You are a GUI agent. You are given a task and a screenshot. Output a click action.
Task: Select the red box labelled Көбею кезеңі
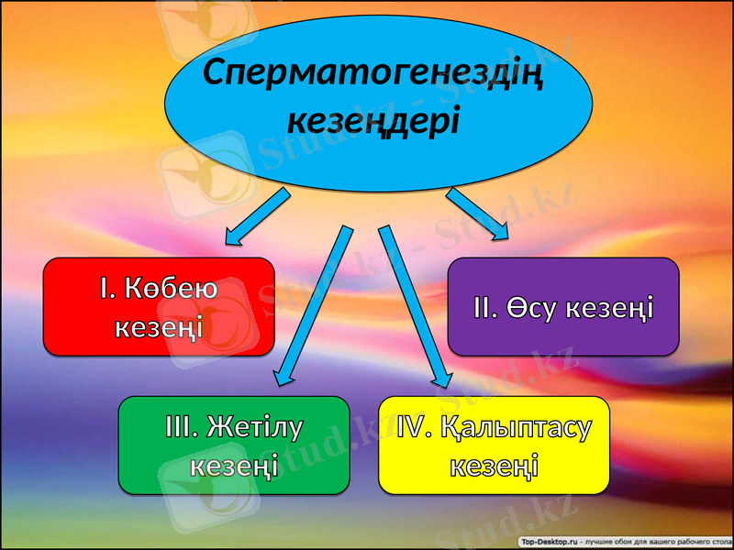click(x=159, y=306)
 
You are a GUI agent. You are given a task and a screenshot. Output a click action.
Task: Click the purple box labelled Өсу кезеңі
click(x=562, y=306)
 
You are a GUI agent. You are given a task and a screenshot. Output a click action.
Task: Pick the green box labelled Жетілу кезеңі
click(x=233, y=445)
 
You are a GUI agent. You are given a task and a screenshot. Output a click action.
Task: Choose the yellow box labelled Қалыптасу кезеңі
click(x=494, y=445)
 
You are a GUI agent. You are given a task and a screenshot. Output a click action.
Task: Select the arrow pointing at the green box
click(x=314, y=302)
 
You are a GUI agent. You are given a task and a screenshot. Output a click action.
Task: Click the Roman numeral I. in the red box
click(x=107, y=290)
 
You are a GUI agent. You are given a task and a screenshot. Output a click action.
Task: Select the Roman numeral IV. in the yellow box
click(x=411, y=426)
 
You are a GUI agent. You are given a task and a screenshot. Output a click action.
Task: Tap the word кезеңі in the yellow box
click(x=494, y=466)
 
